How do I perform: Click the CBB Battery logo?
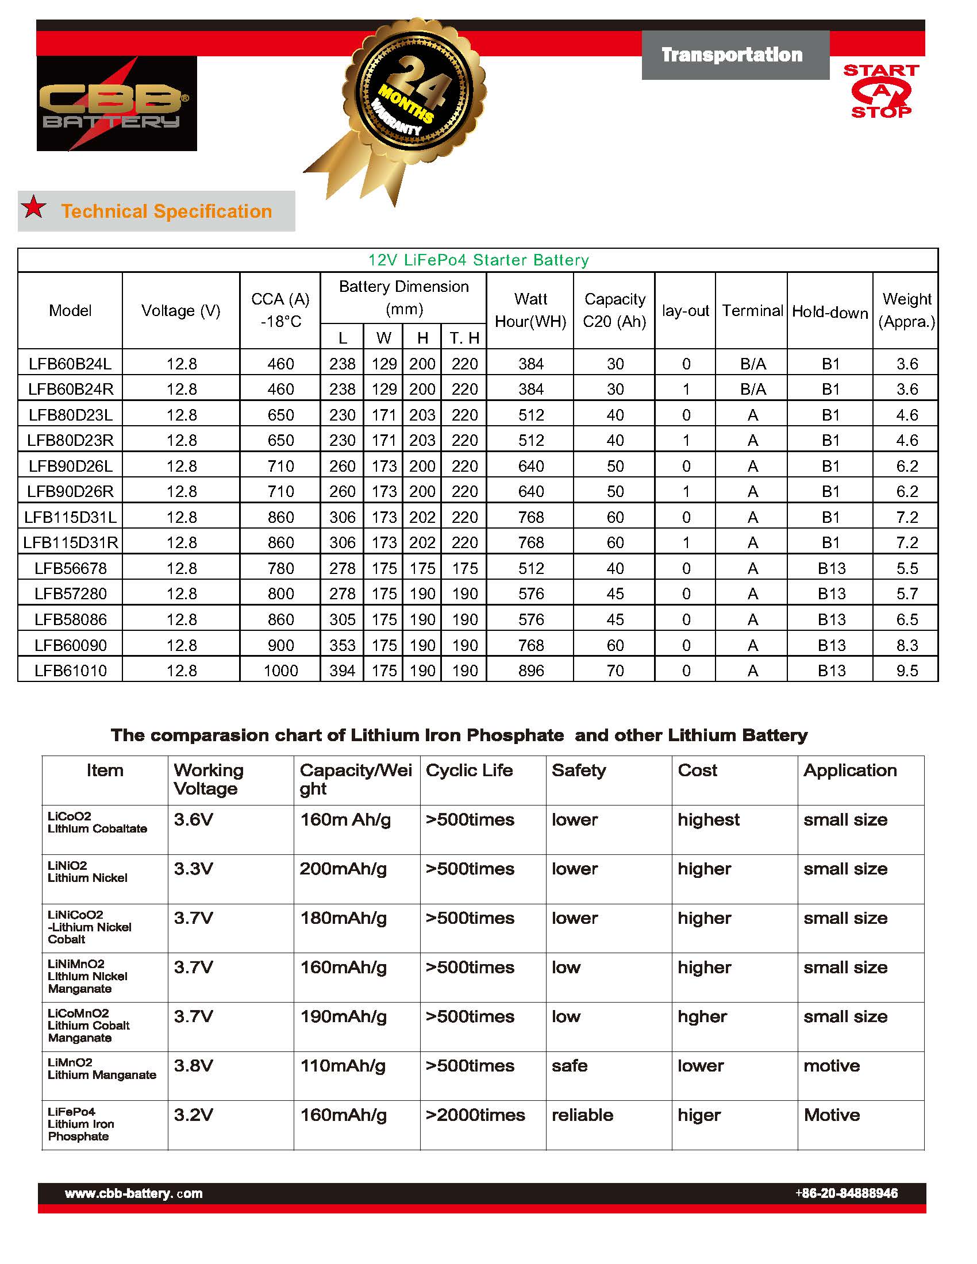pos(116,104)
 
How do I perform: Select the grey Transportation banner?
pos(734,55)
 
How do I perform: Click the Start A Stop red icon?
pos(881,91)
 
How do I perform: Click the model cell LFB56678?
pos(71,568)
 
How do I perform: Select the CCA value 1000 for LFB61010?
pos(280,670)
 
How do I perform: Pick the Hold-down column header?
pos(829,312)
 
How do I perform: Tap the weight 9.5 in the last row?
pos(906,670)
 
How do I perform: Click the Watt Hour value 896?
pos(531,670)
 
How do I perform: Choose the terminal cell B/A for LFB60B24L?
pos(752,364)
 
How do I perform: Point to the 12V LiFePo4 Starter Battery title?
pos(478,260)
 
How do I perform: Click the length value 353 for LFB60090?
pos(342,645)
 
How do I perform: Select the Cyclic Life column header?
pos(469,770)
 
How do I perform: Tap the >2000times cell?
pos(475,1115)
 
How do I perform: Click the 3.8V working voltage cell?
pos(193,1066)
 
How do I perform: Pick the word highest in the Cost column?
pos(709,820)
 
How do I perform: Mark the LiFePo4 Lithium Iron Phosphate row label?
pos(81,1124)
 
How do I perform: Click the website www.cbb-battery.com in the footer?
pos(134,1193)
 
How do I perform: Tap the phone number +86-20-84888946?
pos(846,1193)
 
